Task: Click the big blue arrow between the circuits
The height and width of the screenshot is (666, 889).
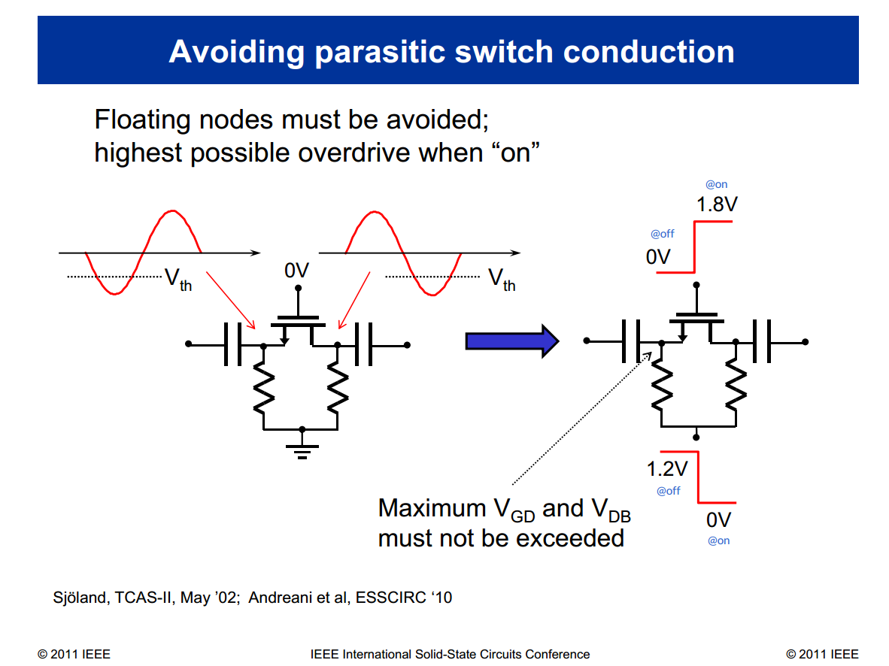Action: (x=511, y=341)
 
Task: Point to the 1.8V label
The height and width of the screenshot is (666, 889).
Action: (x=716, y=204)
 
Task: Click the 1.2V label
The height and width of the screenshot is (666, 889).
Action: (x=667, y=469)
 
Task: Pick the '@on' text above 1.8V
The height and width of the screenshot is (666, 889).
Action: (x=716, y=184)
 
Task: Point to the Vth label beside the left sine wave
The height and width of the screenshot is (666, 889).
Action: (x=178, y=280)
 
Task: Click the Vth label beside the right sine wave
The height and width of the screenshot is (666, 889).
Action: (x=502, y=280)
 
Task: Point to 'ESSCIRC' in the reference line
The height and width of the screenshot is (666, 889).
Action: (x=396, y=598)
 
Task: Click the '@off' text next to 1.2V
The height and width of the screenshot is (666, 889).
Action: (x=668, y=491)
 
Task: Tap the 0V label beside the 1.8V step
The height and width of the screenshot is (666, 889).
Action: (x=657, y=256)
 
